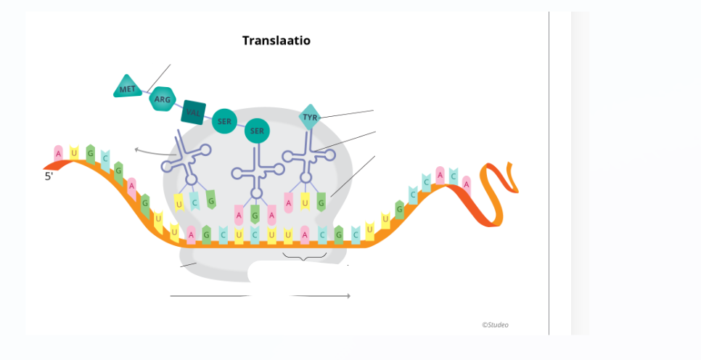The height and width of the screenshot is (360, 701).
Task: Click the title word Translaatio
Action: [276, 41]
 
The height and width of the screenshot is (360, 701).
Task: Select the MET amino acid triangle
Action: [128, 88]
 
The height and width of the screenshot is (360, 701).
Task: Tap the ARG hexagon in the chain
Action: [162, 99]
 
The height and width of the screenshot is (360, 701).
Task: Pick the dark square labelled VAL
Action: [193, 112]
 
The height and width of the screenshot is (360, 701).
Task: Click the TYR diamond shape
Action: [310, 117]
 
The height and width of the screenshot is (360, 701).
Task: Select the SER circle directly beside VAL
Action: [225, 121]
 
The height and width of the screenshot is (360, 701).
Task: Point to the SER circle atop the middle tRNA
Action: [256, 131]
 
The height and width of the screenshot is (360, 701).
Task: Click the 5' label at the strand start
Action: [49, 176]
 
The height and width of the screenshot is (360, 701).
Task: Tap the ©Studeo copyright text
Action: [495, 324]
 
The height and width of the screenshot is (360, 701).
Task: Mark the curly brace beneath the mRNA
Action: [305, 256]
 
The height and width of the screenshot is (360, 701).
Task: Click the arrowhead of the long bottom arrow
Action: [348, 295]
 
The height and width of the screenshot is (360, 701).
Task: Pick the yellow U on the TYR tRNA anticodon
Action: [306, 202]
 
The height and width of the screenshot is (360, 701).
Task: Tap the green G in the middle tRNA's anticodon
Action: [255, 214]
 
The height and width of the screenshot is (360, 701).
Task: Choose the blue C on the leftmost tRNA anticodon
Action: [194, 202]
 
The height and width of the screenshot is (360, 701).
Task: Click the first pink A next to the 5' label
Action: [59, 153]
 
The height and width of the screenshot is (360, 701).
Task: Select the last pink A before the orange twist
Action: [466, 184]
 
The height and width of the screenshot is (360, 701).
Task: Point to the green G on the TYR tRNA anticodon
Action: [321, 202]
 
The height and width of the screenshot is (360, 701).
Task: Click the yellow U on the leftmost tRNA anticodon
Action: [179, 205]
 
